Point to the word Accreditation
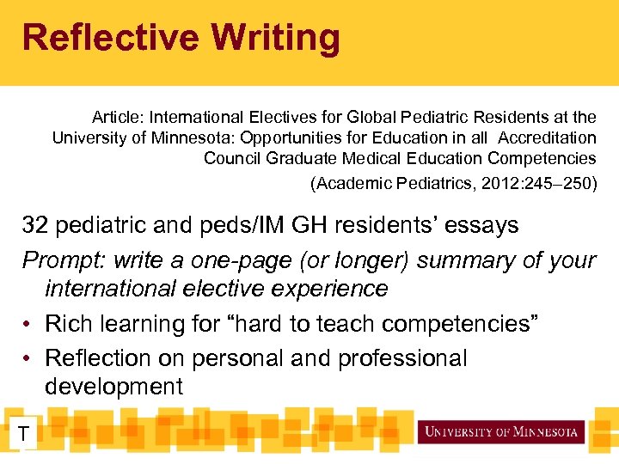point(547,137)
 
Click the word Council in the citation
point(232,158)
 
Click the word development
point(113,387)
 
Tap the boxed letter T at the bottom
point(24,435)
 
